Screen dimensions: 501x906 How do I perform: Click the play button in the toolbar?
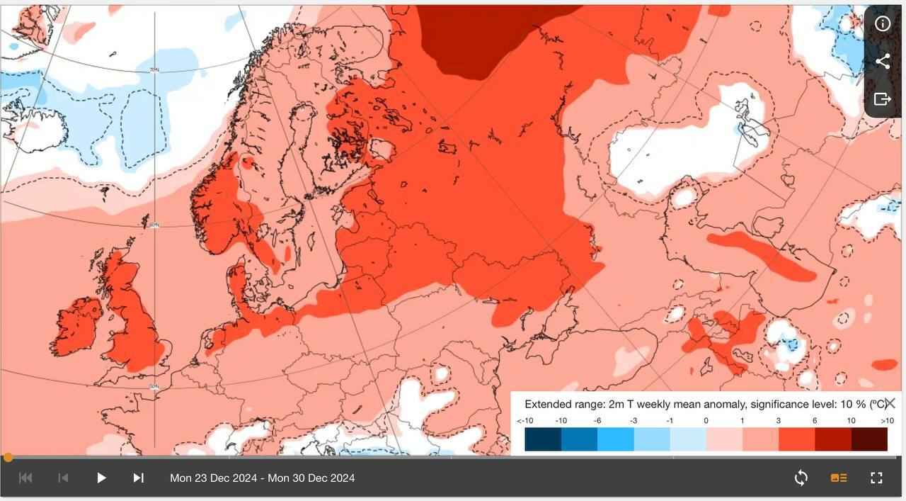click(101, 478)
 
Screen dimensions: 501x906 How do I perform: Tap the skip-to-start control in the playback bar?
click(25, 478)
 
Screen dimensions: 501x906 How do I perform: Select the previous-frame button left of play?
click(63, 478)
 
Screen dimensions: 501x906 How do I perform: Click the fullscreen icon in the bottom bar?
click(876, 478)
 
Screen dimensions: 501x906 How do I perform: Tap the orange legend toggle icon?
click(839, 478)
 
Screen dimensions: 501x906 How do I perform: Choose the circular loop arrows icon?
click(801, 478)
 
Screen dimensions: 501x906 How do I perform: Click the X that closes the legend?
click(890, 403)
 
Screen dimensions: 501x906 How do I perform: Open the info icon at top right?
click(883, 23)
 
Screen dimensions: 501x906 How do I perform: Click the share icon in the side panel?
click(883, 61)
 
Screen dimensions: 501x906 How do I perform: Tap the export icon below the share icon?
click(883, 98)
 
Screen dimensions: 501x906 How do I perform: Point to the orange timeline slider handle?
click(8, 457)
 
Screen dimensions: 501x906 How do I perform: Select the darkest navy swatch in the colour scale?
click(543, 439)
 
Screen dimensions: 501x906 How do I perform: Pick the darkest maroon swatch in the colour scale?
click(869, 439)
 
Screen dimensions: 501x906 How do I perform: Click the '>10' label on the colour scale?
click(887, 420)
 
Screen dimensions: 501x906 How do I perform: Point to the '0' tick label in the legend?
click(706, 420)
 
